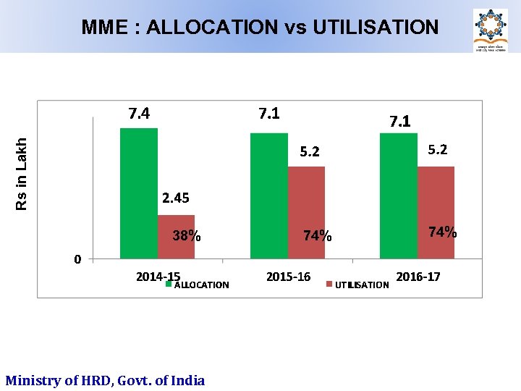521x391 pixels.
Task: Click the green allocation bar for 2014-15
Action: point(139,193)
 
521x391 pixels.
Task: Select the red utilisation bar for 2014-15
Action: point(176,237)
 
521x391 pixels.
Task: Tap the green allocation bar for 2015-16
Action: point(269,195)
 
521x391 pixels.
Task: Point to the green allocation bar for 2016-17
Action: point(399,195)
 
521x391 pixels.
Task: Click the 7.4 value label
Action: point(139,114)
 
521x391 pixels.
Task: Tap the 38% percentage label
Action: point(187,236)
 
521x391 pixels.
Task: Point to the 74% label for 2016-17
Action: point(442,232)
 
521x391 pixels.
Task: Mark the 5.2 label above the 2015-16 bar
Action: point(310,152)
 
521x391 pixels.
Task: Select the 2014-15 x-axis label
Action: point(158,277)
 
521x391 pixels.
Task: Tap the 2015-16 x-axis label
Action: point(288,277)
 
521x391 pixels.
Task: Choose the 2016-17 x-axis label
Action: point(418,277)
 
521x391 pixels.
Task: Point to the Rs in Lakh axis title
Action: point(22,175)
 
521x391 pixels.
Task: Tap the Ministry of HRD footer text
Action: point(105,380)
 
